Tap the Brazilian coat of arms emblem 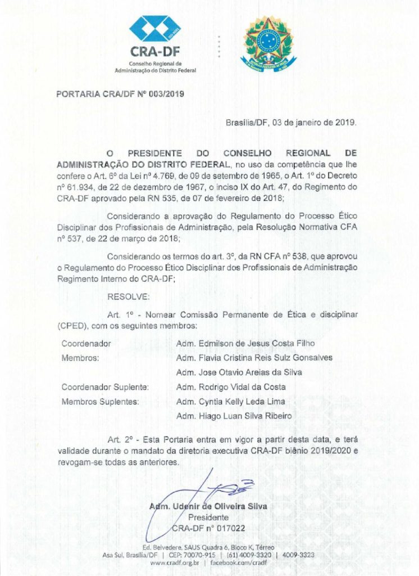[x=267, y=42]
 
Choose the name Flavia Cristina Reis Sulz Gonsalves [x=254, y=358]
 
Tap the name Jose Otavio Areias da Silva [x=239, y=372]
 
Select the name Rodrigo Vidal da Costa [x=231, y=387]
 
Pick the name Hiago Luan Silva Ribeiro [x=234, y=416]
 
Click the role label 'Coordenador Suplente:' [x=105, y=387]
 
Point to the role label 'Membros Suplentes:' [x=100, y=402]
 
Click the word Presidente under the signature [x=208, y=517]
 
